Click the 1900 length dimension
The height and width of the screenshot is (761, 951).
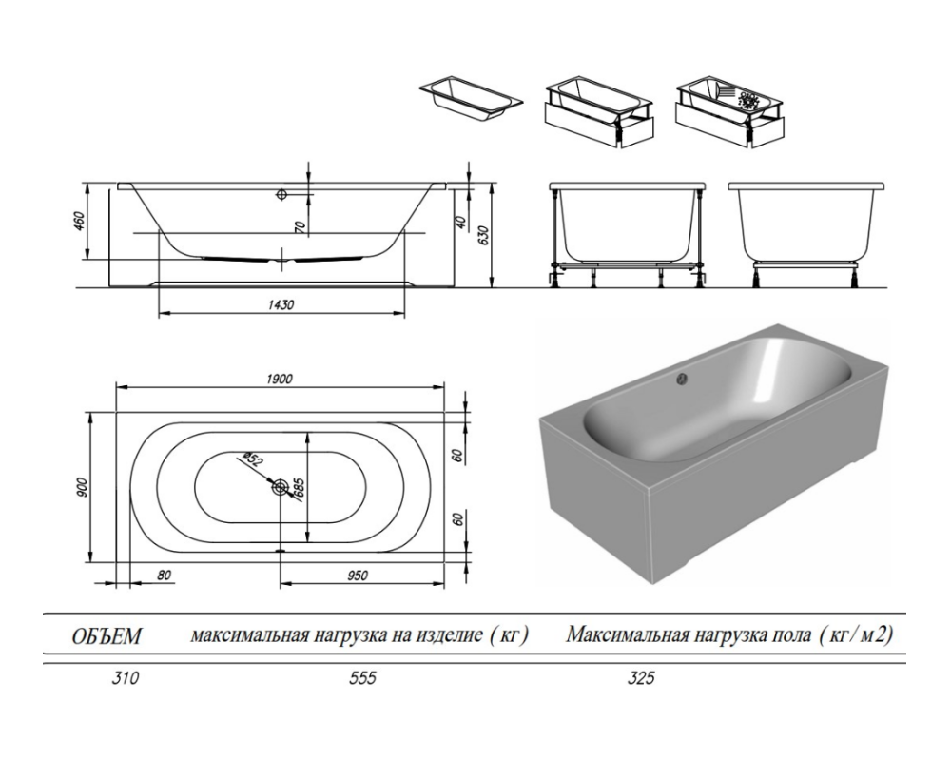(x=281, y=378)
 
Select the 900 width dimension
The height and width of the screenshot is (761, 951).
(x=84, y=488)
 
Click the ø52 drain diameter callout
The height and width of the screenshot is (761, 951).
(x=252, y=459)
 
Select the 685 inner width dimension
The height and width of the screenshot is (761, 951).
(x=297, y=488)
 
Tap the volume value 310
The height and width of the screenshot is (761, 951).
(x=111, y=679)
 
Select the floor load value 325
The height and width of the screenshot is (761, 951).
(x=641, y=679)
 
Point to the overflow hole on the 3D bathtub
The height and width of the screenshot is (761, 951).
(x=680, y=380)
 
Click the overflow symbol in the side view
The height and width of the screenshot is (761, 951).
(x=281, y=194)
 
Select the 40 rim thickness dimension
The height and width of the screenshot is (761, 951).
(x=460, y=221)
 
